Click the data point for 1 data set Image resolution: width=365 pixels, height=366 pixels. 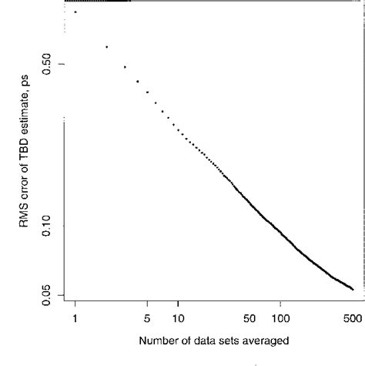[75, 12]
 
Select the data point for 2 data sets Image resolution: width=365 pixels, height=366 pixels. [106, 47]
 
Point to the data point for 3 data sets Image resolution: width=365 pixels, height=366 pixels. [125, 67]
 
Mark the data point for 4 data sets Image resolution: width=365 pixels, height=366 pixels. [137, 81]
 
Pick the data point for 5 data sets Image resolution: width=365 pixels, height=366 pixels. [147, 92]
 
